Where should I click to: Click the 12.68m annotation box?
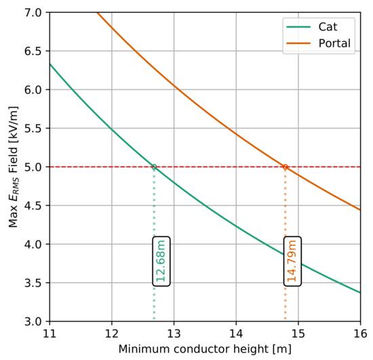pos(161,261)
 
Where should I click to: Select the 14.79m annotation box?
pos(292,261)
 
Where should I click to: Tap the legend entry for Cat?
pos(312,27)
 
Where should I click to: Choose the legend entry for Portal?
pos(319,43)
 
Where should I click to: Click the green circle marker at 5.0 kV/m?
pos(154,167)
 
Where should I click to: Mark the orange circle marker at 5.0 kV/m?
pos(286,167)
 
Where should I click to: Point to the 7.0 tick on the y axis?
pos(33,12)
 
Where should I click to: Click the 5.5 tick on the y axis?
pos(33,128)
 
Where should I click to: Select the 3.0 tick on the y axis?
pos(33,321)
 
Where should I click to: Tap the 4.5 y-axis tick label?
pos(33,205)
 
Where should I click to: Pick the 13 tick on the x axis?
pos(174,334)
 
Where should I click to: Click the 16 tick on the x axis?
pos(360,334)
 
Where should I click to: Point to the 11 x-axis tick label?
pos(50,334)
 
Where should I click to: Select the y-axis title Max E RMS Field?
pos(14,167)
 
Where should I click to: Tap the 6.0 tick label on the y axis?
pos(33,89)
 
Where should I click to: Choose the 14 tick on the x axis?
pos(236,334)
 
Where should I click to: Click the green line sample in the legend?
pos(298,27)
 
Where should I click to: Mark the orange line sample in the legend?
pos(298,43)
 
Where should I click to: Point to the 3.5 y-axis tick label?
pos(33,283)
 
